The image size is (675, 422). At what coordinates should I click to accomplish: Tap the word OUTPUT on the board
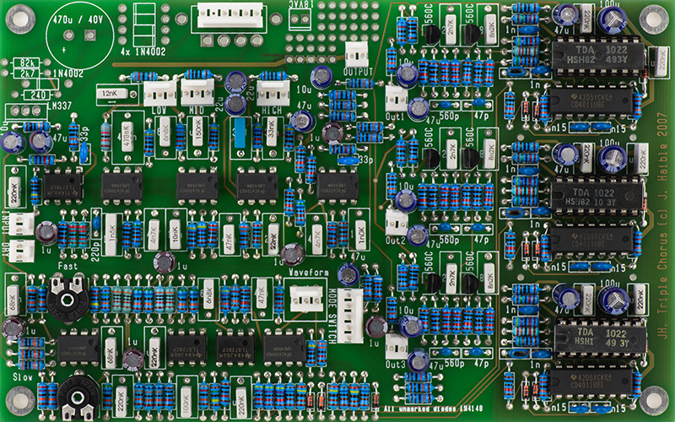click(x=358, y=73)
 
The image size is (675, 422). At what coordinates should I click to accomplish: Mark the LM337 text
click(x=60, y=105)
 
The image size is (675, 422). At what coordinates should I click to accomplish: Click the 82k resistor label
click(x=26, y=63)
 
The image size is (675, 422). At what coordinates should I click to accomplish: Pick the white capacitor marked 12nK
click(x=110, y=93)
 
